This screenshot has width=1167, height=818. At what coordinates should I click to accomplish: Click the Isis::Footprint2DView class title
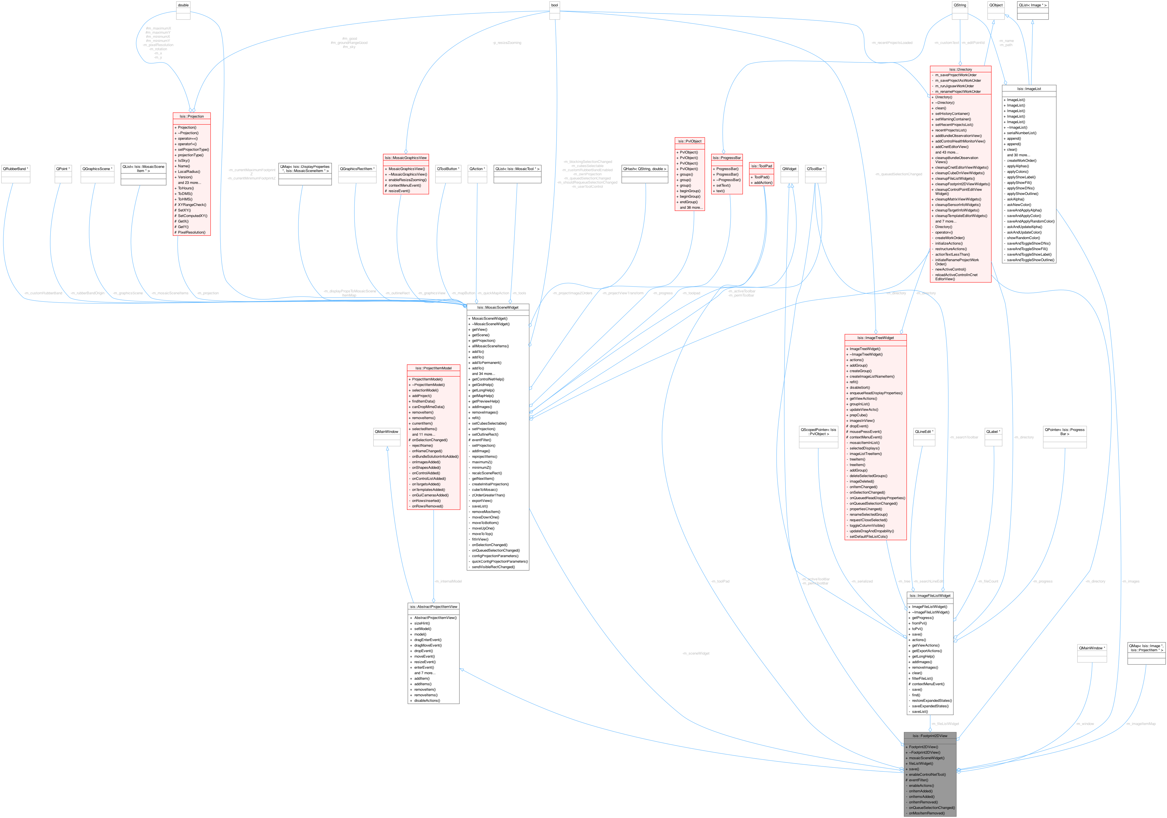coord(930,736)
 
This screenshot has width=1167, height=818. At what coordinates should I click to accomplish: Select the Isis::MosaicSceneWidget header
coord(498,307)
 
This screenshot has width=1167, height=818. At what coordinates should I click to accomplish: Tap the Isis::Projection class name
coord(192,117)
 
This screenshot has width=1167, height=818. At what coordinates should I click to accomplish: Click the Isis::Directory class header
coord(960,69)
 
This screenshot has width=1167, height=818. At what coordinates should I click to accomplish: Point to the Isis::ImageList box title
coord(1029,88)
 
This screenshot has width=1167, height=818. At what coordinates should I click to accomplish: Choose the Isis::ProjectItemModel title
coord(433,368)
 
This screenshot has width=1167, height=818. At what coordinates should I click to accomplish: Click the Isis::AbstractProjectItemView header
coord(433,607)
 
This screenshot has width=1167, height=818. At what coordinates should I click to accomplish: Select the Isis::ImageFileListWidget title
coord(930,595)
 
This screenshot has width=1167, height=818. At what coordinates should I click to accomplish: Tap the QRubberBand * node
coord(16,169)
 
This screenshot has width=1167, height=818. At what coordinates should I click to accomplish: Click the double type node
coord(183,5)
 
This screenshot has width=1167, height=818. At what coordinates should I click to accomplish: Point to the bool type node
coord(555,5)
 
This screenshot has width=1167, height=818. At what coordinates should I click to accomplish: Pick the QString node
coord(960,5)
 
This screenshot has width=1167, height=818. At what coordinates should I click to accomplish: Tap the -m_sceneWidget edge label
coord(696,653)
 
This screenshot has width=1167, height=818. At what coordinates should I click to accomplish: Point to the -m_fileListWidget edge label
coord(945,723)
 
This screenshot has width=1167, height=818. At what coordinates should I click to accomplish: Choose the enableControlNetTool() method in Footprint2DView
coord(927,774)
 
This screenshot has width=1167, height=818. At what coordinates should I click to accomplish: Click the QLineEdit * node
coord(924,431)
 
